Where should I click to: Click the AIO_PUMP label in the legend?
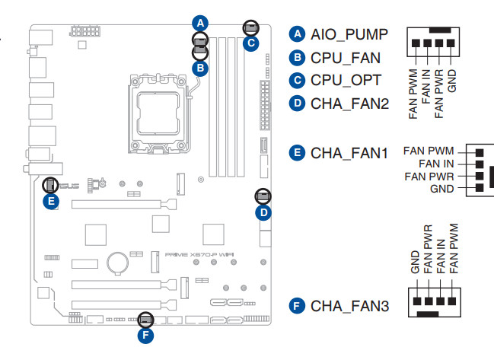point(349,35)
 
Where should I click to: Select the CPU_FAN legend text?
point(345,58)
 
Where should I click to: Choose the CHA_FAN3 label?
point(350,306)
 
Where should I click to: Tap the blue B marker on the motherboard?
point(199,68)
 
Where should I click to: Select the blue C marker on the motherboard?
point(250,43)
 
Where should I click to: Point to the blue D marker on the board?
point(263,212)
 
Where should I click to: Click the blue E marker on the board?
point(50,201)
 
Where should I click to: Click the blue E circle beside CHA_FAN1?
point(298,153)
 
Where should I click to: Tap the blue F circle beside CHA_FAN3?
point(298,306)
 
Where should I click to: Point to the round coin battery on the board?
point(116,262)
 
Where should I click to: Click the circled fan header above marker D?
point(263,196)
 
